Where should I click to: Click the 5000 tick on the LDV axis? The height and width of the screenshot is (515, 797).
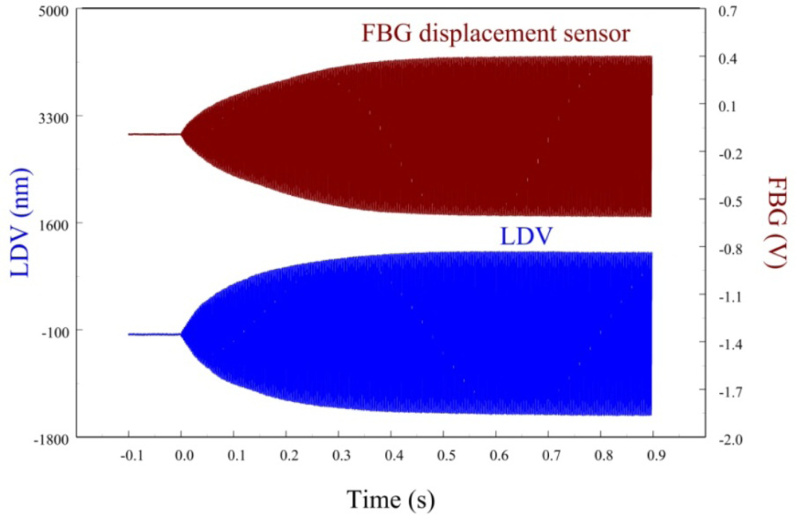pyautogui.click(x=53, y=11)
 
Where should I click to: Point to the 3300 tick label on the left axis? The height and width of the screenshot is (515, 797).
pyautogui.click(x=53, y=117)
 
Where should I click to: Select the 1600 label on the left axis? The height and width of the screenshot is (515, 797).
pyautogui.click(x=53, y=224)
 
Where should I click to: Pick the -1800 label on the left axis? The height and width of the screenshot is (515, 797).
pyautogui.click(x=51, y=437)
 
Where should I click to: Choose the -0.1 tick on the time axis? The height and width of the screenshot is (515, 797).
pyautogui.click(x=128, y=458)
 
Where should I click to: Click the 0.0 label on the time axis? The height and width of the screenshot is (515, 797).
pyautogui.click(x=183, y=458)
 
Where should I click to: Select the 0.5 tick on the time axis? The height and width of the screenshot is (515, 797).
pyautogui.click(x=444, y=458)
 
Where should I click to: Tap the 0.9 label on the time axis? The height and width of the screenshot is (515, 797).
pyautogui.click(x=654, y=458)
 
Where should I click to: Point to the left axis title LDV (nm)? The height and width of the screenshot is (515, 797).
pyautogui.click(x=22, y=224)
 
